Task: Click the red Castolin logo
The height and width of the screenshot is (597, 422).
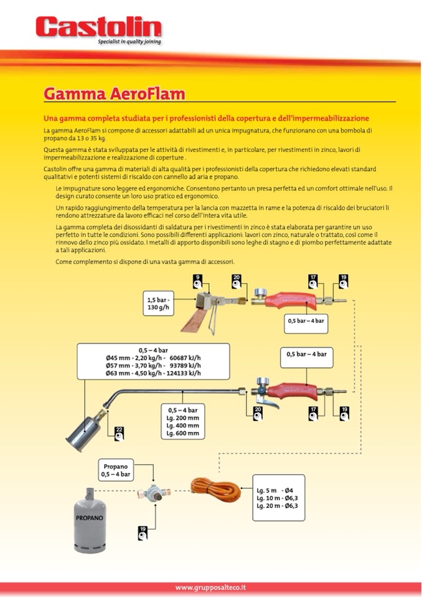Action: tap(98, 27)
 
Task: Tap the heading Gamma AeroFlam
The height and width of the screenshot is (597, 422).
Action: tap(114, 93)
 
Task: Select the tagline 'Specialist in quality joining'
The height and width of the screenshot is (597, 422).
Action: tap(129, 42)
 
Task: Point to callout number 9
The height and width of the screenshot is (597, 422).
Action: tap(197, 280)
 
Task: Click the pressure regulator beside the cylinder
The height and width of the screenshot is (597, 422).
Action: tap(154, 491)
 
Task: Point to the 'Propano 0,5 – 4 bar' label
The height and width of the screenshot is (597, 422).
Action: tap(116, 469)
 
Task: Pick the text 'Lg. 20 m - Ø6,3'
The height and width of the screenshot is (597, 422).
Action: tap(278, 506)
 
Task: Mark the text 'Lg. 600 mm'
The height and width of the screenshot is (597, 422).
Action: tap(184, 433)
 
